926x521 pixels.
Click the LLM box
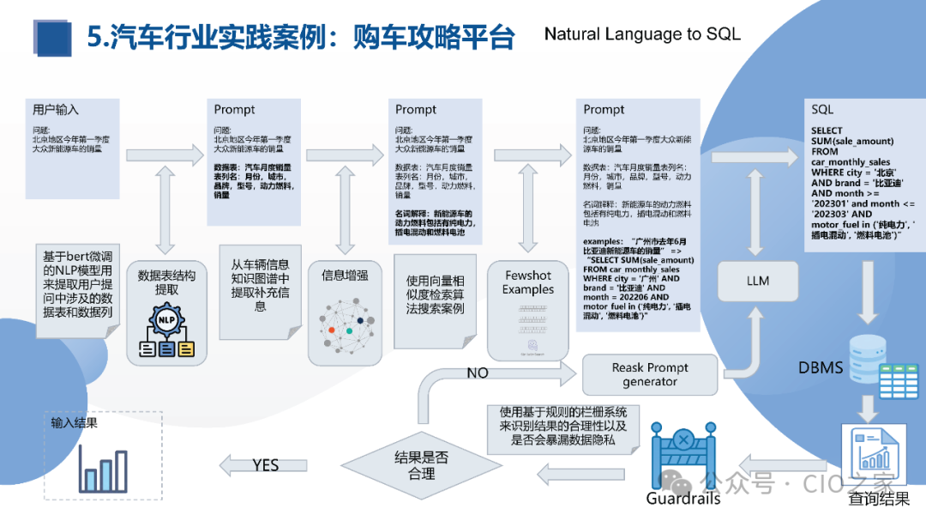(x=758, y=280)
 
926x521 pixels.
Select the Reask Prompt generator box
(x=650, y=374)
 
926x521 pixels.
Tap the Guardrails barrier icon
(x=682, y=455)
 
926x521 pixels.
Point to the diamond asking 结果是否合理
(x=420, y=464)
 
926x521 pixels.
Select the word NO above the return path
(x=478, y=373)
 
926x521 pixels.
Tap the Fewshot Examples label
(x=528, y=282)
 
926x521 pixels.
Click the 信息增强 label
(x=346, y=276)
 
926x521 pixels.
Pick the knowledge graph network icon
(x=347, y=324)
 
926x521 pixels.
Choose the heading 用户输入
(x=56, y=110)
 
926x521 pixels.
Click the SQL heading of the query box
(x=822, y=110)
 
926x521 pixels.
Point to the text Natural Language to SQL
(x=641, y=34)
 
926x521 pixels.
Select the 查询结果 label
(x=879, y=499)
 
